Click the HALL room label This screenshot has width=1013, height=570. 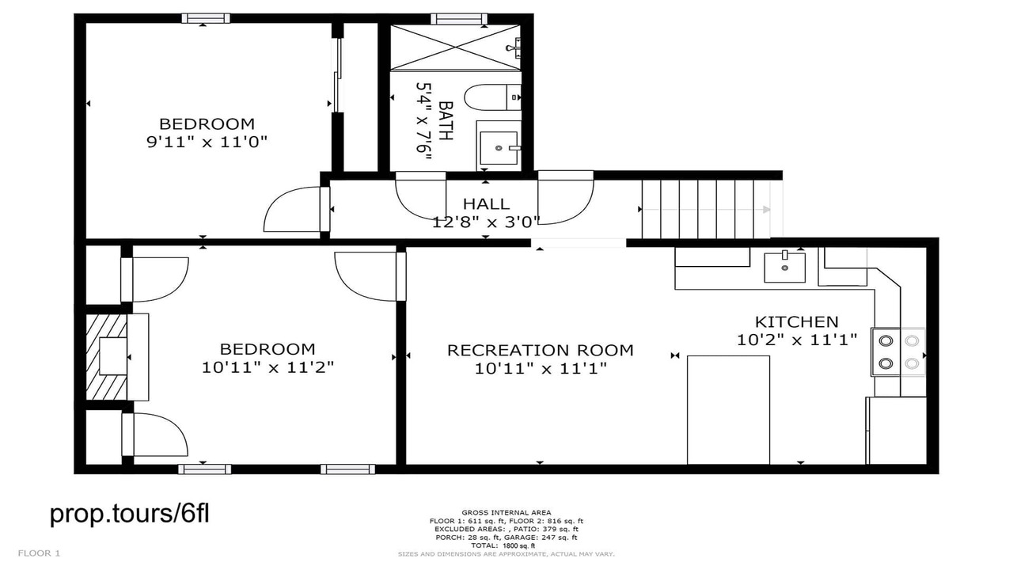coord(486,203)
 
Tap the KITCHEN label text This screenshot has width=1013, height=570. coord(797,322)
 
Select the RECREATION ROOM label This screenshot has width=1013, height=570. coord(541,350)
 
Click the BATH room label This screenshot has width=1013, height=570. coord(446,120)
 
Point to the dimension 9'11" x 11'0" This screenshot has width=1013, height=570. coord(207,142)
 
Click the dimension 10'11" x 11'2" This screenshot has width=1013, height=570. coord(267,367)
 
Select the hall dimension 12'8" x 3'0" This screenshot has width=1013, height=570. coord(486,222)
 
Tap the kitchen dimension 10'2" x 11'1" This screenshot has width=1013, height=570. coord(797,340)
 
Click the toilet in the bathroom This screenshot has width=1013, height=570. coord(492,97)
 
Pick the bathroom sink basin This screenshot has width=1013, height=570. coord(499,148)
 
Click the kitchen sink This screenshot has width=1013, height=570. coord(784,268)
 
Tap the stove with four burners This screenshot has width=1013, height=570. coord(898,352)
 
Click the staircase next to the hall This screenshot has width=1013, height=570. coord(706,209)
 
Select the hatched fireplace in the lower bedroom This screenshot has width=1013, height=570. coord(107,357)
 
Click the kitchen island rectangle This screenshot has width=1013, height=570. coord(728,410)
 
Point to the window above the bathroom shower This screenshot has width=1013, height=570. coord(459,18)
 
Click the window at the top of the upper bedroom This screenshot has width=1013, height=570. coord(206,18)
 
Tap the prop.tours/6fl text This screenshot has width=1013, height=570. coord(129,514)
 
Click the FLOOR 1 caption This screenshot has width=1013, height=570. coord(39,553)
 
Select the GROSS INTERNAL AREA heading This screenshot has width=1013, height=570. coord(506,512)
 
